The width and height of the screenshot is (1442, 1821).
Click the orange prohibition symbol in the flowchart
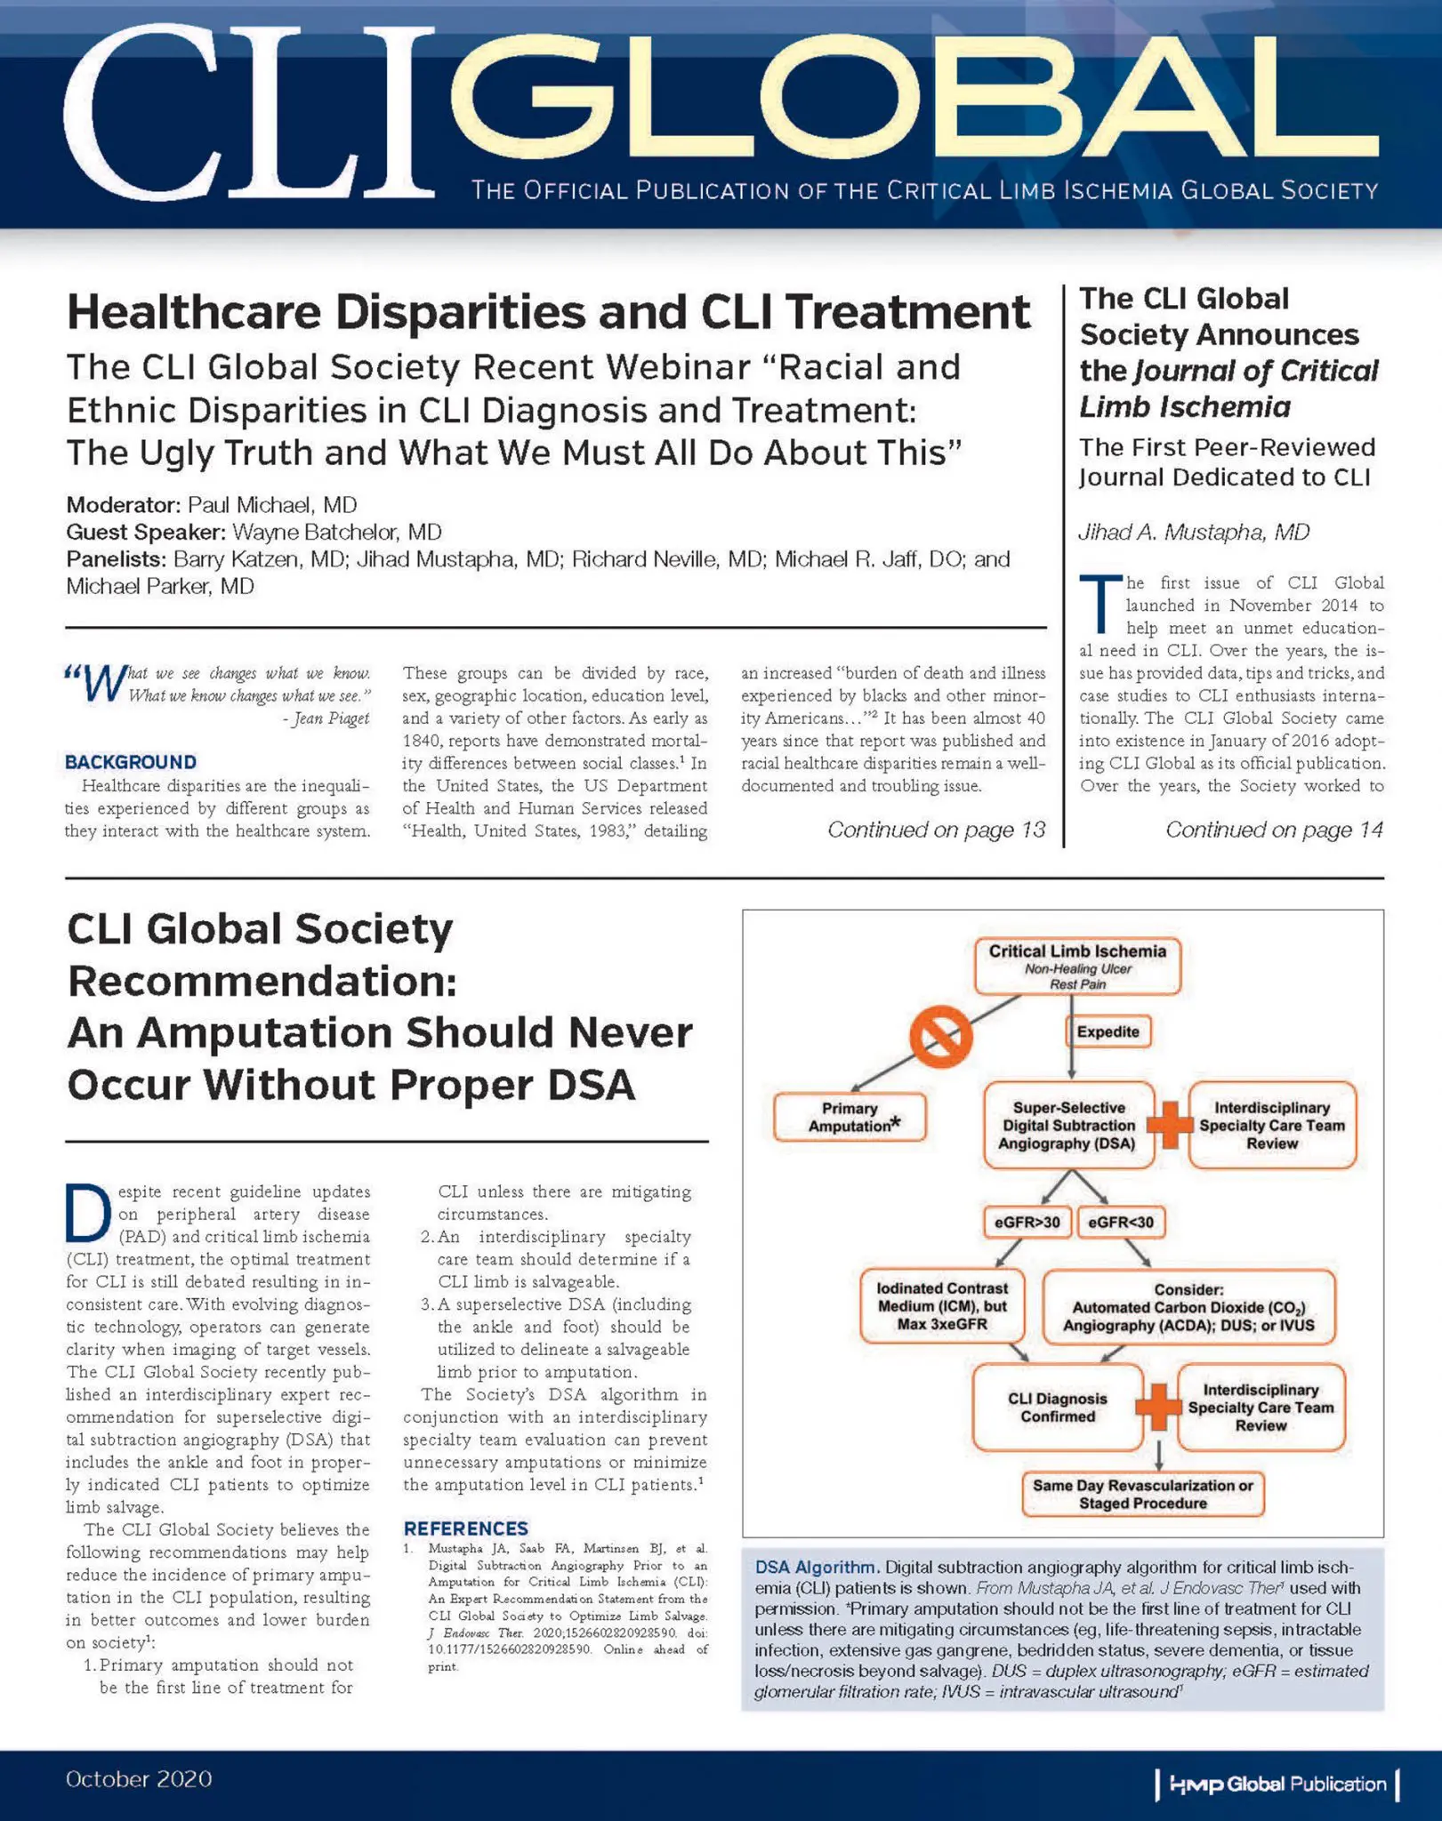[940, 1036]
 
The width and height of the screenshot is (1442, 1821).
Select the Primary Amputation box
[850, 1117]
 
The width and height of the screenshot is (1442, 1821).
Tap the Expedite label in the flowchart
[1108, 1031]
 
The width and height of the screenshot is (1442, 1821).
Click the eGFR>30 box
[1027, 1223]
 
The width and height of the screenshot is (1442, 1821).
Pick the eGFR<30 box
[1121, 1223]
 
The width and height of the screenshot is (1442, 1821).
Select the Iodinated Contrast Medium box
[942, 1306]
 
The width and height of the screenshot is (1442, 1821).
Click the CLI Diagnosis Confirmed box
[1057, 1408]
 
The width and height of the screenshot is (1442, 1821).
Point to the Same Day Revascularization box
[1142, 1495]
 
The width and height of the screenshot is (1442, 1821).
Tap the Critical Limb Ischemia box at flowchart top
[1077, 966]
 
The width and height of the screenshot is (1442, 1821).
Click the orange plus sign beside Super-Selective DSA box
[1171, 1125]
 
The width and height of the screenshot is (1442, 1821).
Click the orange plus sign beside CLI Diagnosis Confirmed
[1159, 1408]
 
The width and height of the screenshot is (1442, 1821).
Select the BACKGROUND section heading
[131, 762]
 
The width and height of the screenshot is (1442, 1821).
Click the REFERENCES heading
[465, 1528]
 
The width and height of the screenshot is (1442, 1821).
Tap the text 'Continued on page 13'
[936, 830]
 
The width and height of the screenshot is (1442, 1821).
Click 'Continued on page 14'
[1274, 830]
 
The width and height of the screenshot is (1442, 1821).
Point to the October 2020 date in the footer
[139, 1779]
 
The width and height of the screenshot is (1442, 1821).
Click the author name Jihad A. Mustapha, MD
[1194, 532]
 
